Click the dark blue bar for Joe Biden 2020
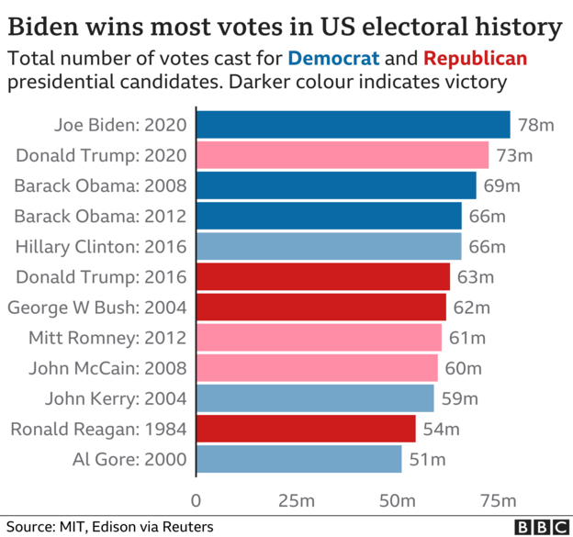353,124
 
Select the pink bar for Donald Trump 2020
342,155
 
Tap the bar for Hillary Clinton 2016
328,246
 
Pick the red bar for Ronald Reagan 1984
305,429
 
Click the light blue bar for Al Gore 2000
298,459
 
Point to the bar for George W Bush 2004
320,307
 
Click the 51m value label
426,459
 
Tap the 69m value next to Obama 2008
501,185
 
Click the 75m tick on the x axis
497,500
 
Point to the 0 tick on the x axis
196,500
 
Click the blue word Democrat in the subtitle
333,59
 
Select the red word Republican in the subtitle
475,59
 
